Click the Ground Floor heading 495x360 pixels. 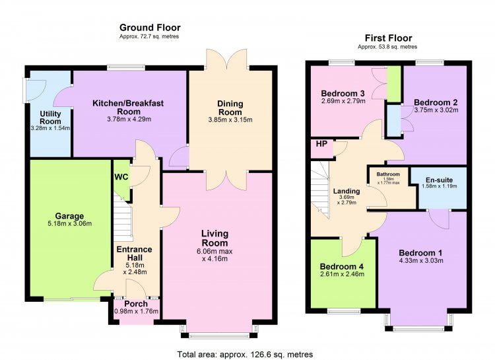coord(150,28)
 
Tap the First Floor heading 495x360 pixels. coord(388,38)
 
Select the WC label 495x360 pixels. coord(121,176)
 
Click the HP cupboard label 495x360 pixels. coord(321,144)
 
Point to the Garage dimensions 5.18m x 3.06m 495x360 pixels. coord(69,224)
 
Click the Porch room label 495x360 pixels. coord(136,304)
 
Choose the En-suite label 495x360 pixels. coord(439,180)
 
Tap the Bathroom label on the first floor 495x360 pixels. coord(388,174)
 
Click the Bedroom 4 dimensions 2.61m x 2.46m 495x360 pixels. coord(342,274)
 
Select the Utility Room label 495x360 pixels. coord(51,118)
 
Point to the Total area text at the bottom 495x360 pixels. coord(245,354)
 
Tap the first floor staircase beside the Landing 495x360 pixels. coord(320,190)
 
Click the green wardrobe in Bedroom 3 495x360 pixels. coord(394,84)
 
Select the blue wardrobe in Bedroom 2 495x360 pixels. coord(393,121)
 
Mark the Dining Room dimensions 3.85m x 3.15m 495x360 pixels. coord(230,120)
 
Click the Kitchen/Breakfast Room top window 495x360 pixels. coord(126,67)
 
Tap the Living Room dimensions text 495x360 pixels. coord(215,255)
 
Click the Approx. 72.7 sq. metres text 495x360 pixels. coord(149,36)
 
